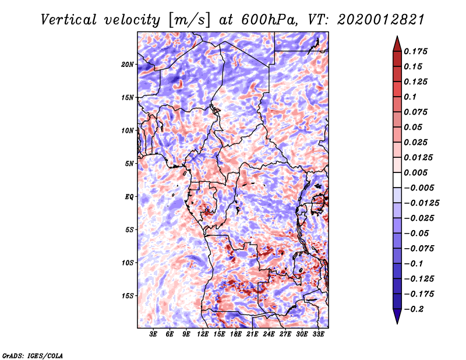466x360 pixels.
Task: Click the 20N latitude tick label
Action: point(128,64)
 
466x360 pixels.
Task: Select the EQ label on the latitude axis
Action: point(129,196)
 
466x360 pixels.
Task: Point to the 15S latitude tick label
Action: point(128,295)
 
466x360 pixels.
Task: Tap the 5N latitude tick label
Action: point(129,163)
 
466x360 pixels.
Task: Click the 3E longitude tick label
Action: point(154,334)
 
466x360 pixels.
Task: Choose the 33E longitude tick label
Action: point(319,334)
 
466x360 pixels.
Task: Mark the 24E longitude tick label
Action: point(269,334)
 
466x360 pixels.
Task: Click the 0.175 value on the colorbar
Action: point(418,51)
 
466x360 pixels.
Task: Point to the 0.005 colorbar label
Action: point(418,172)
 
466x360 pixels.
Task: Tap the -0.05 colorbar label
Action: point(418,233)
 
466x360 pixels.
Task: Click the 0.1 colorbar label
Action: point(412,97)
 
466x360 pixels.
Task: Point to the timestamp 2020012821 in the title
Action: point(374,19)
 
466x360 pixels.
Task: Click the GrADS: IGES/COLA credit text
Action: point(33,355)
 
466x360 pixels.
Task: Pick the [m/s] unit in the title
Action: point(188,19)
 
